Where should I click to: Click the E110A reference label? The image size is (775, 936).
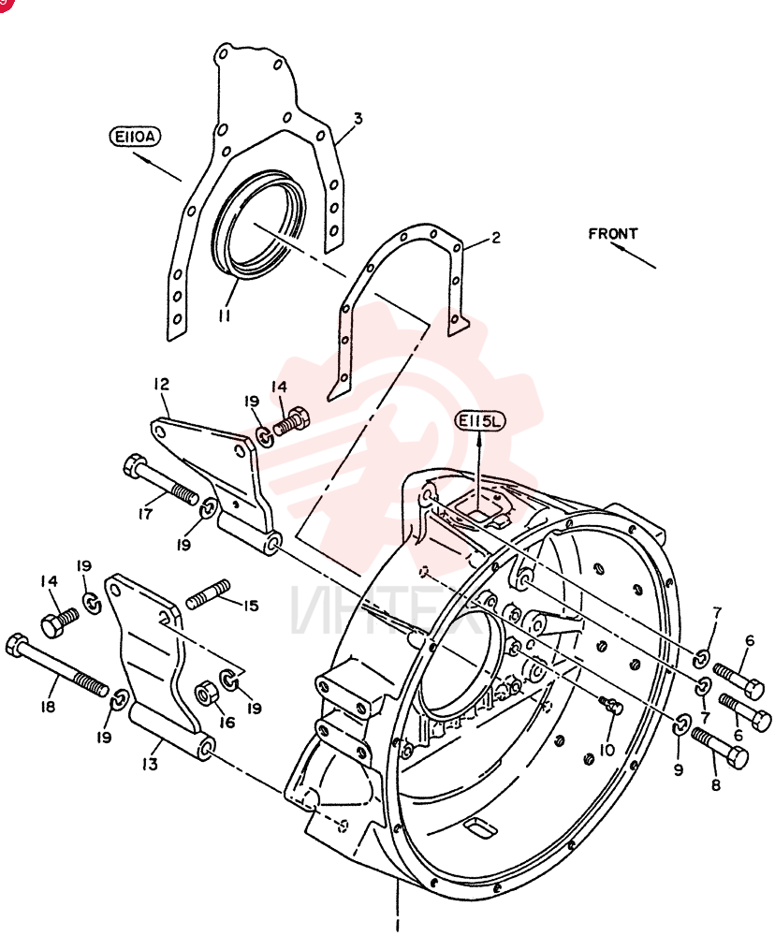point(136,137)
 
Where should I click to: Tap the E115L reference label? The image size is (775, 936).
point(480,421)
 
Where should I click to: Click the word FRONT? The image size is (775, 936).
point(612,233)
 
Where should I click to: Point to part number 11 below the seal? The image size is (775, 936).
point(225,314)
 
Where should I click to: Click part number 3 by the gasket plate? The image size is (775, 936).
point(358,118)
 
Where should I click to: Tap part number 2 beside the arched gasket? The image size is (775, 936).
point(495,238)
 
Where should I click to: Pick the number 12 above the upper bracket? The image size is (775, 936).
point(161,384)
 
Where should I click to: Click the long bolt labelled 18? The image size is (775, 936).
point(57,665)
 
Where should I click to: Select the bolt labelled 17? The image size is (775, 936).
point(160,478)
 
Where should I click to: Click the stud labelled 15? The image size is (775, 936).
point(208,594)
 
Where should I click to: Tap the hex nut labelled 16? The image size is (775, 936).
point(207,693)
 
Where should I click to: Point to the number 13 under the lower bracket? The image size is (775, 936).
point(150,764)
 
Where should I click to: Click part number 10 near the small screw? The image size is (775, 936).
point(607,750)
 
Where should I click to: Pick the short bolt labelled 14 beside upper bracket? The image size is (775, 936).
point(291,422)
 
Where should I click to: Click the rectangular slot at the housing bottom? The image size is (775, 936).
point(480,828)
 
